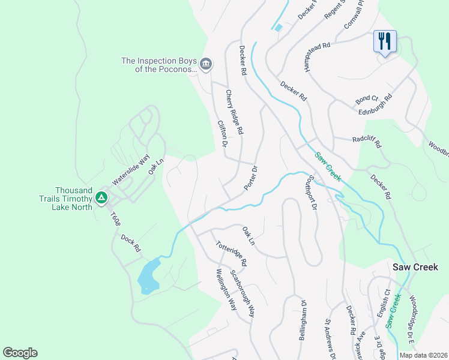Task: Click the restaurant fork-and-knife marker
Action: pos(385,42)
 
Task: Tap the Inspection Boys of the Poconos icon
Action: pos(206,64)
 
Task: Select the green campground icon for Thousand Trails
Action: pos(102,197)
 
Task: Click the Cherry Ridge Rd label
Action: pos(234,112)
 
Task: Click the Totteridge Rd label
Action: pos(231,253)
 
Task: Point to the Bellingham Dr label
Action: pos(303,320)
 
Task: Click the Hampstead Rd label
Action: pos(318,57)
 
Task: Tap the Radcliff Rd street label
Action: pos(366,142)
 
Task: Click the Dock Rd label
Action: pos(130,242)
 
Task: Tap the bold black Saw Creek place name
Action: pos(415,267)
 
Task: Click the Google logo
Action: pos(20,353)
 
